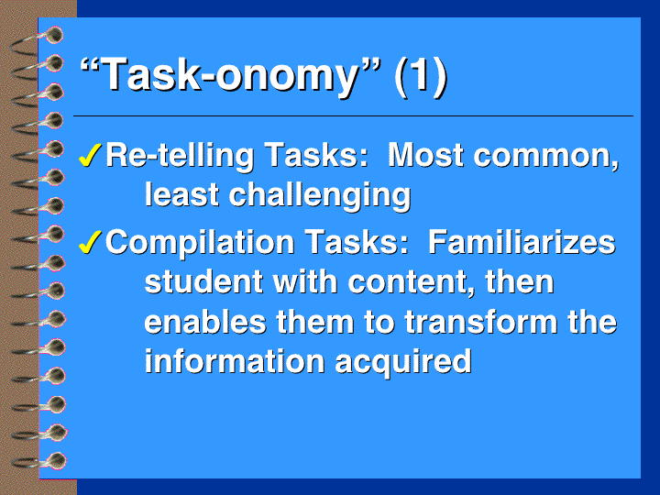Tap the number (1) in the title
421,75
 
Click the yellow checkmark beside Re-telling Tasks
90,155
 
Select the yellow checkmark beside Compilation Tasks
90,242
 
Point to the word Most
425,155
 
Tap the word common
546,157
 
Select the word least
181,194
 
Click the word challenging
320,196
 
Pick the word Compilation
200,243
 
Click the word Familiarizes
522,242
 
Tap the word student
203,281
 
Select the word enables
205,321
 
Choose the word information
235,361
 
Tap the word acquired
402,363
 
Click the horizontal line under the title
353,115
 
